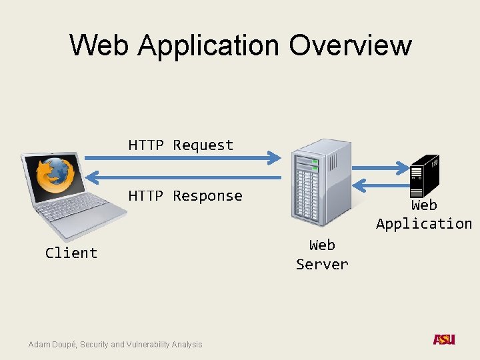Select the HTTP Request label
click(x=181, y=145)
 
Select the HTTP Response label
click(x=185, y=195)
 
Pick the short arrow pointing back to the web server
click(x=381, y=185)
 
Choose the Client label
click(x=71, y=253)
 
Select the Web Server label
click(x=322, y=255)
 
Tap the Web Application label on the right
click(x=423, y=215)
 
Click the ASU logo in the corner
click(x=444, y=340)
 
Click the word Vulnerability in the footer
click(x=147, y=344)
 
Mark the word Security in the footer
click(x=95, y=344)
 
